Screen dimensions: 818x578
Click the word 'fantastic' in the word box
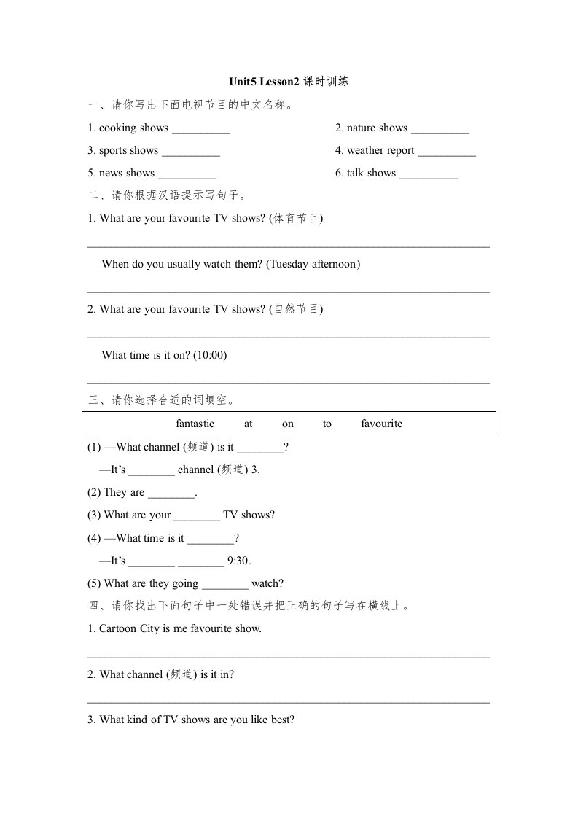pos(195,424)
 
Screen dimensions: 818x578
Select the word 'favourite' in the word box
pos(381,424)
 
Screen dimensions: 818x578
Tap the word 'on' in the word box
pos(288,424)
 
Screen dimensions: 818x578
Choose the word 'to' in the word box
pos(327,424)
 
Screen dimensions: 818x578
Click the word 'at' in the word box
pos(249,424)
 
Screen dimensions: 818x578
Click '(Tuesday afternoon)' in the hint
pos(313,264)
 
